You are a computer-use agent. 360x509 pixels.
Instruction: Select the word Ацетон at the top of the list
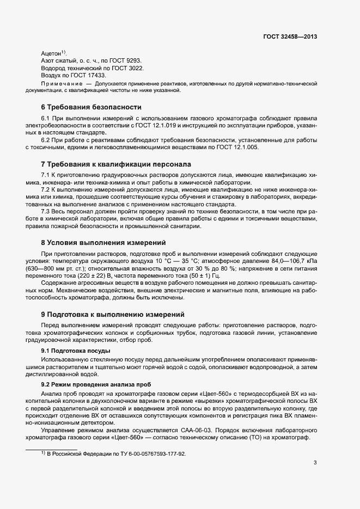point(51,53)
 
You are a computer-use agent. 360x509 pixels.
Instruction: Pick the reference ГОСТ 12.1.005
point(240,148)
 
